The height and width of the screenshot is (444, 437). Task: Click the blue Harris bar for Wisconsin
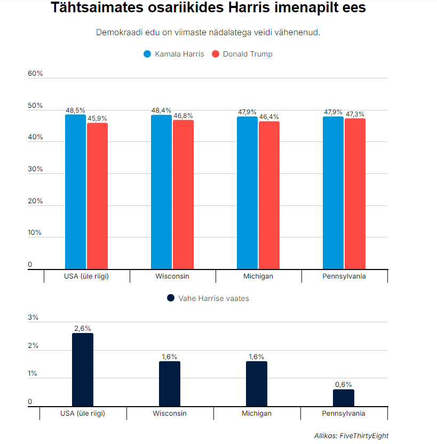161,192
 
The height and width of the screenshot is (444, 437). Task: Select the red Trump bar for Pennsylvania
355,194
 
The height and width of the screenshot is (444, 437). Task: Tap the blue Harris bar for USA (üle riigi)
75,192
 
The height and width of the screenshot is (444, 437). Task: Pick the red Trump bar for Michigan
269,195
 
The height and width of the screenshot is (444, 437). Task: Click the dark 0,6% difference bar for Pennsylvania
343,398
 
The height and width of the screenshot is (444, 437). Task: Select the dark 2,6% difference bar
83,370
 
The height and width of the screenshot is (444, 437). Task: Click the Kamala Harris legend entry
174,54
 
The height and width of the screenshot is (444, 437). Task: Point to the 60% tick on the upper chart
35,74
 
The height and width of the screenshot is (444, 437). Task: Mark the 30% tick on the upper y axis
35,169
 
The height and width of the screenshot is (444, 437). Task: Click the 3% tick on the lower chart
33,318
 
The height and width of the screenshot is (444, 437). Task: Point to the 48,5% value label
75,110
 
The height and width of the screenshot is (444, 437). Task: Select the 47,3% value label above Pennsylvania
355,114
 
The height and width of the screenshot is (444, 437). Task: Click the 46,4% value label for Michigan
269,117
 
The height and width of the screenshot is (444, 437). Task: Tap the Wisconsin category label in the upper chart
172,276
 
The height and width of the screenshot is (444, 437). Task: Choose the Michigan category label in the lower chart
257,413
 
